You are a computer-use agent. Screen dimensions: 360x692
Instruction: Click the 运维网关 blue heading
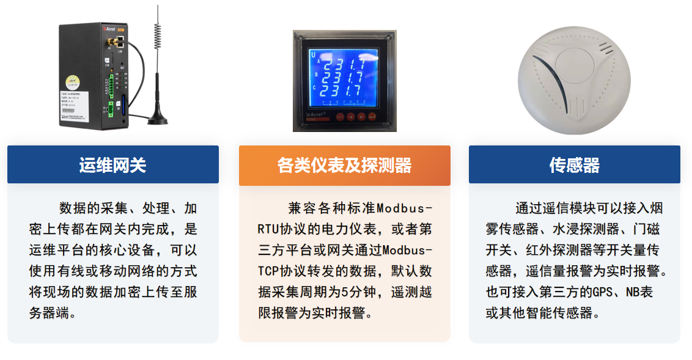click(x=112, y=165)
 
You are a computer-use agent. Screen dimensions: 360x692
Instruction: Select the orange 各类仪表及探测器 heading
click(x=344, y=165)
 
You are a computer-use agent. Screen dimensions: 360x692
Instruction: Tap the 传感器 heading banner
click(x=574, y=165)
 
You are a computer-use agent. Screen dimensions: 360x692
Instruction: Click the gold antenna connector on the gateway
click(x=112, y=43)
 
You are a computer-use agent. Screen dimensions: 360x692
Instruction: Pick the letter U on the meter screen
click(x=314, y=54)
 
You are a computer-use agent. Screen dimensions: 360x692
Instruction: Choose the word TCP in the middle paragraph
click(x=267, y=271)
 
